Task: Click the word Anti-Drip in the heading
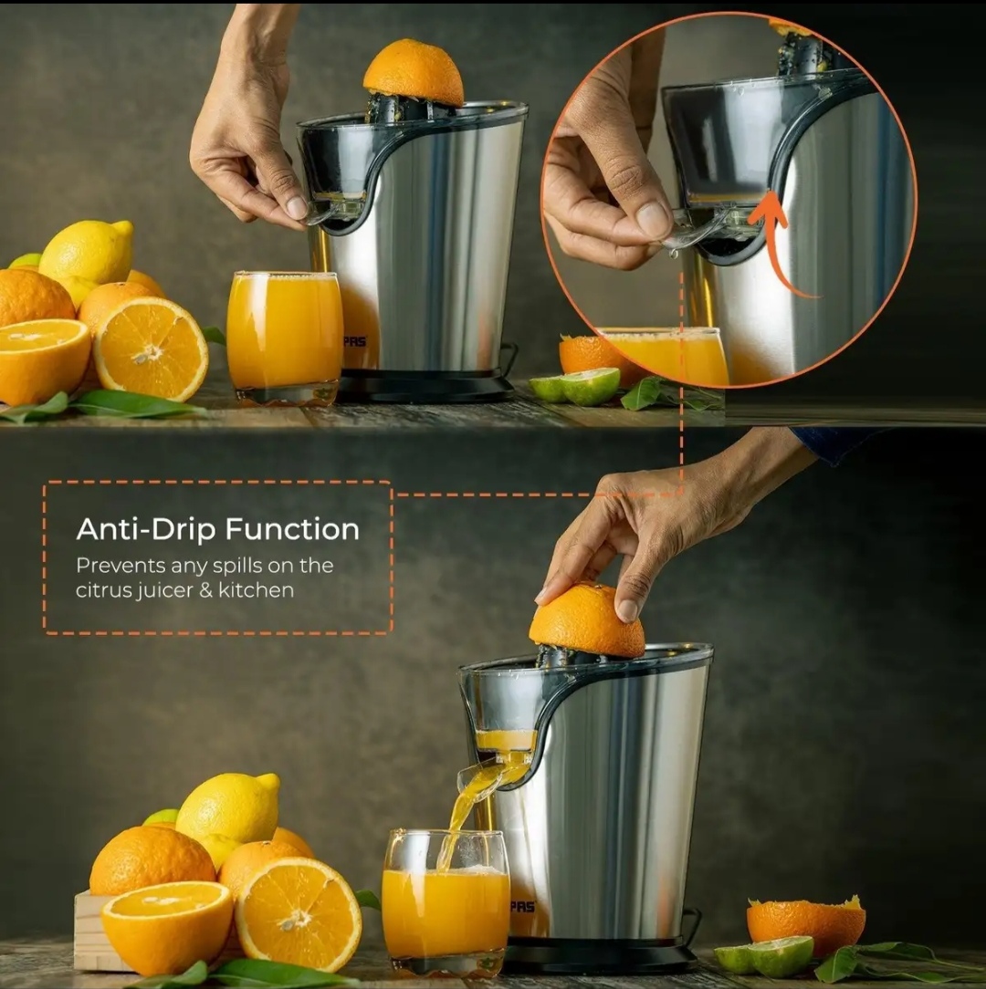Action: coord(146,528)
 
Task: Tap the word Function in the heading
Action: coord(292,528)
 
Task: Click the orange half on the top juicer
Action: coord(414,72)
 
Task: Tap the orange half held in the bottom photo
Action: coord(587,620)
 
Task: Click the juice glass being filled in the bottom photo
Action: coord(446,902)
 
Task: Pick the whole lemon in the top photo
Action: coord(87,253)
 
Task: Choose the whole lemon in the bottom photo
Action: coord(228,807)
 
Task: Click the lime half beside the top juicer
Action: coord(576,386)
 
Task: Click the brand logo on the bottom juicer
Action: coord(522,906)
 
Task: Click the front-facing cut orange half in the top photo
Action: coord(151,349)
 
